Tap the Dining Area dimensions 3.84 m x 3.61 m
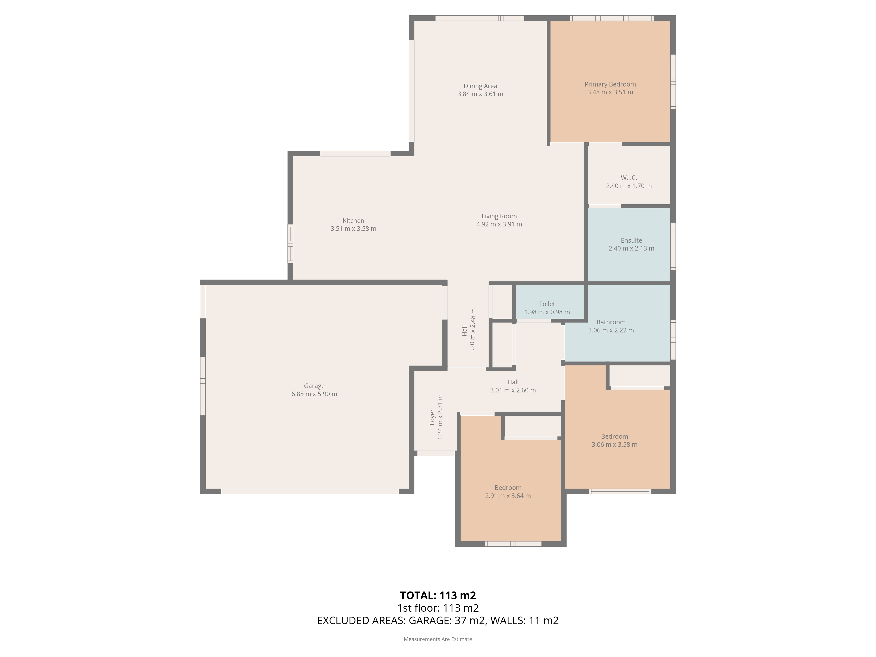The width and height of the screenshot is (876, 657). [480, 94]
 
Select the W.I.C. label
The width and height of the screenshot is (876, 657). [629, 178]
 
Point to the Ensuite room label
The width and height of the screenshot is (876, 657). [631, 240]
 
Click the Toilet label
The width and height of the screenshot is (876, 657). [547, 304]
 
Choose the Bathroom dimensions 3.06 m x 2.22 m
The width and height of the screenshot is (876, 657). [611, 330]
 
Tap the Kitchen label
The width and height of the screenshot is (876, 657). [353, 221]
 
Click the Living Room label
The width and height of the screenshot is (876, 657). [499, 216]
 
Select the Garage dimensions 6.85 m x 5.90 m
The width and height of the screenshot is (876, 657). [314, 394]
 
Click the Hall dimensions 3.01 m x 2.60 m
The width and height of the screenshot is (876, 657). [513, 390]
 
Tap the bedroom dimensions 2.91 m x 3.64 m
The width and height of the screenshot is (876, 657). [508, 496]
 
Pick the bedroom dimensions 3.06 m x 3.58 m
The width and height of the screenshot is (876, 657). [615, 444]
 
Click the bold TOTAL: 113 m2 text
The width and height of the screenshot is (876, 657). [438, 595]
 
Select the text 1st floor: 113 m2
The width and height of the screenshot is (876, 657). [438, 608]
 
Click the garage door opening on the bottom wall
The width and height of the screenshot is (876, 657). [310, 491]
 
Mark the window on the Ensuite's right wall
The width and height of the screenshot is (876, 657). [673, 246]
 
